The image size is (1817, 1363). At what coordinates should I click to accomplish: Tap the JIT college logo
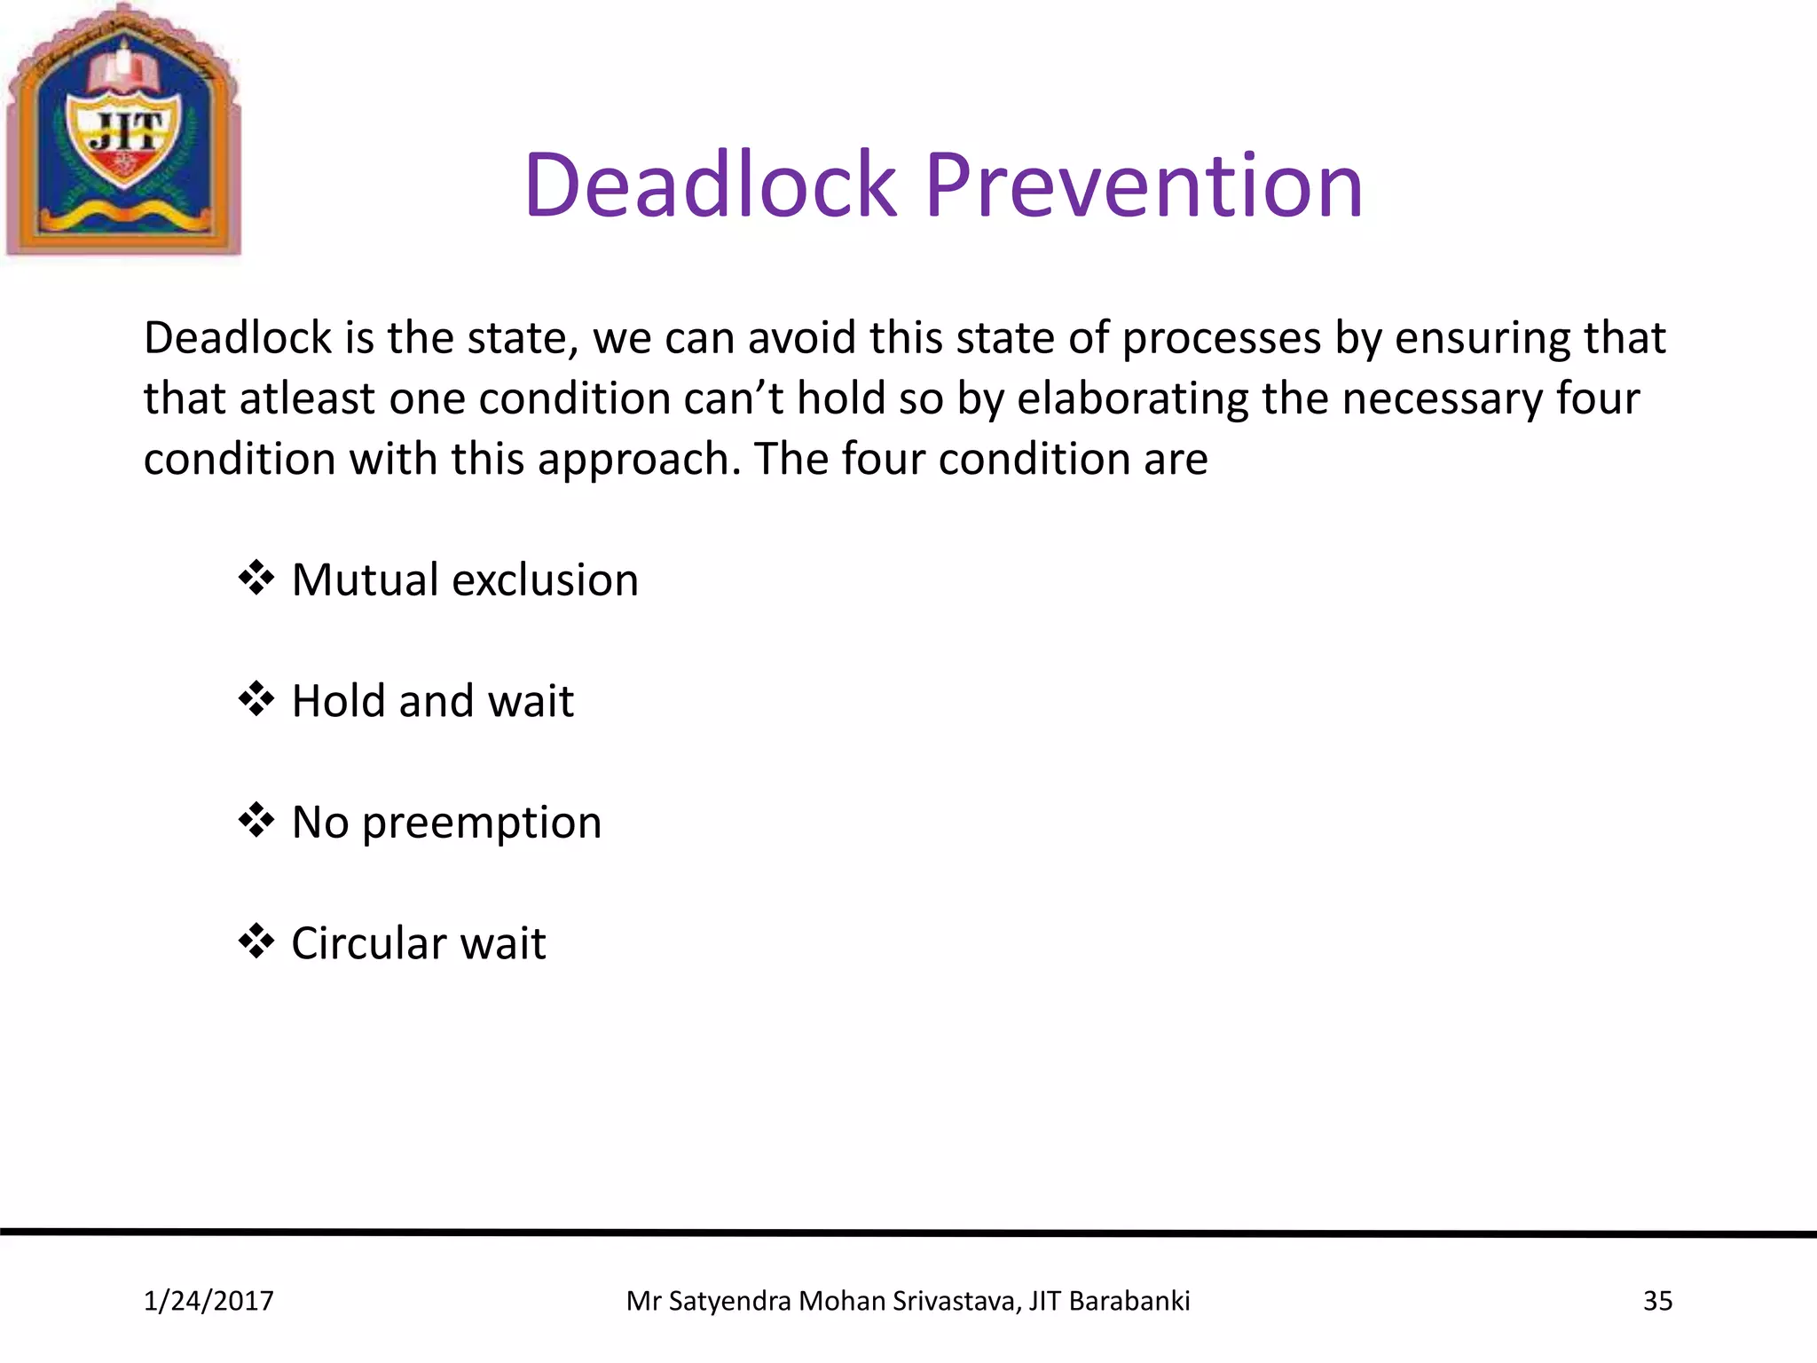pyautogui.click(x=123, y=131)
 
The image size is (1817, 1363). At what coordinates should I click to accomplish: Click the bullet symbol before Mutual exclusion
pyautogui.click(x=256, y=578)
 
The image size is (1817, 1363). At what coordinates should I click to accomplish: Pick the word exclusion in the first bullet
pyautogui.click(x=545, y=579)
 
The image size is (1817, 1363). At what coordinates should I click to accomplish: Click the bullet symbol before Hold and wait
pyautogui.click(x=256, y=699)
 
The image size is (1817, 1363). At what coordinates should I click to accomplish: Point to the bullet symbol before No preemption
pyautogui.click(x=256, y=820)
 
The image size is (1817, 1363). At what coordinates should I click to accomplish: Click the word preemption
pyautogui.click(x=482, y=823)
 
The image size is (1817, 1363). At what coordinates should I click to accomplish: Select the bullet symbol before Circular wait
pyautogui.click(x=256, y=941)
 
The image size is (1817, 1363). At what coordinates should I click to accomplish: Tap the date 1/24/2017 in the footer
pyautogui.click(x=208, y=1301)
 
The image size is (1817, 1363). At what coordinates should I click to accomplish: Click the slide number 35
pyautogui.click(x=1657, y=1301)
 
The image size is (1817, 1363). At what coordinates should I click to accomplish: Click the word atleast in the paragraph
pyautogui.click(x=307, y=398)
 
